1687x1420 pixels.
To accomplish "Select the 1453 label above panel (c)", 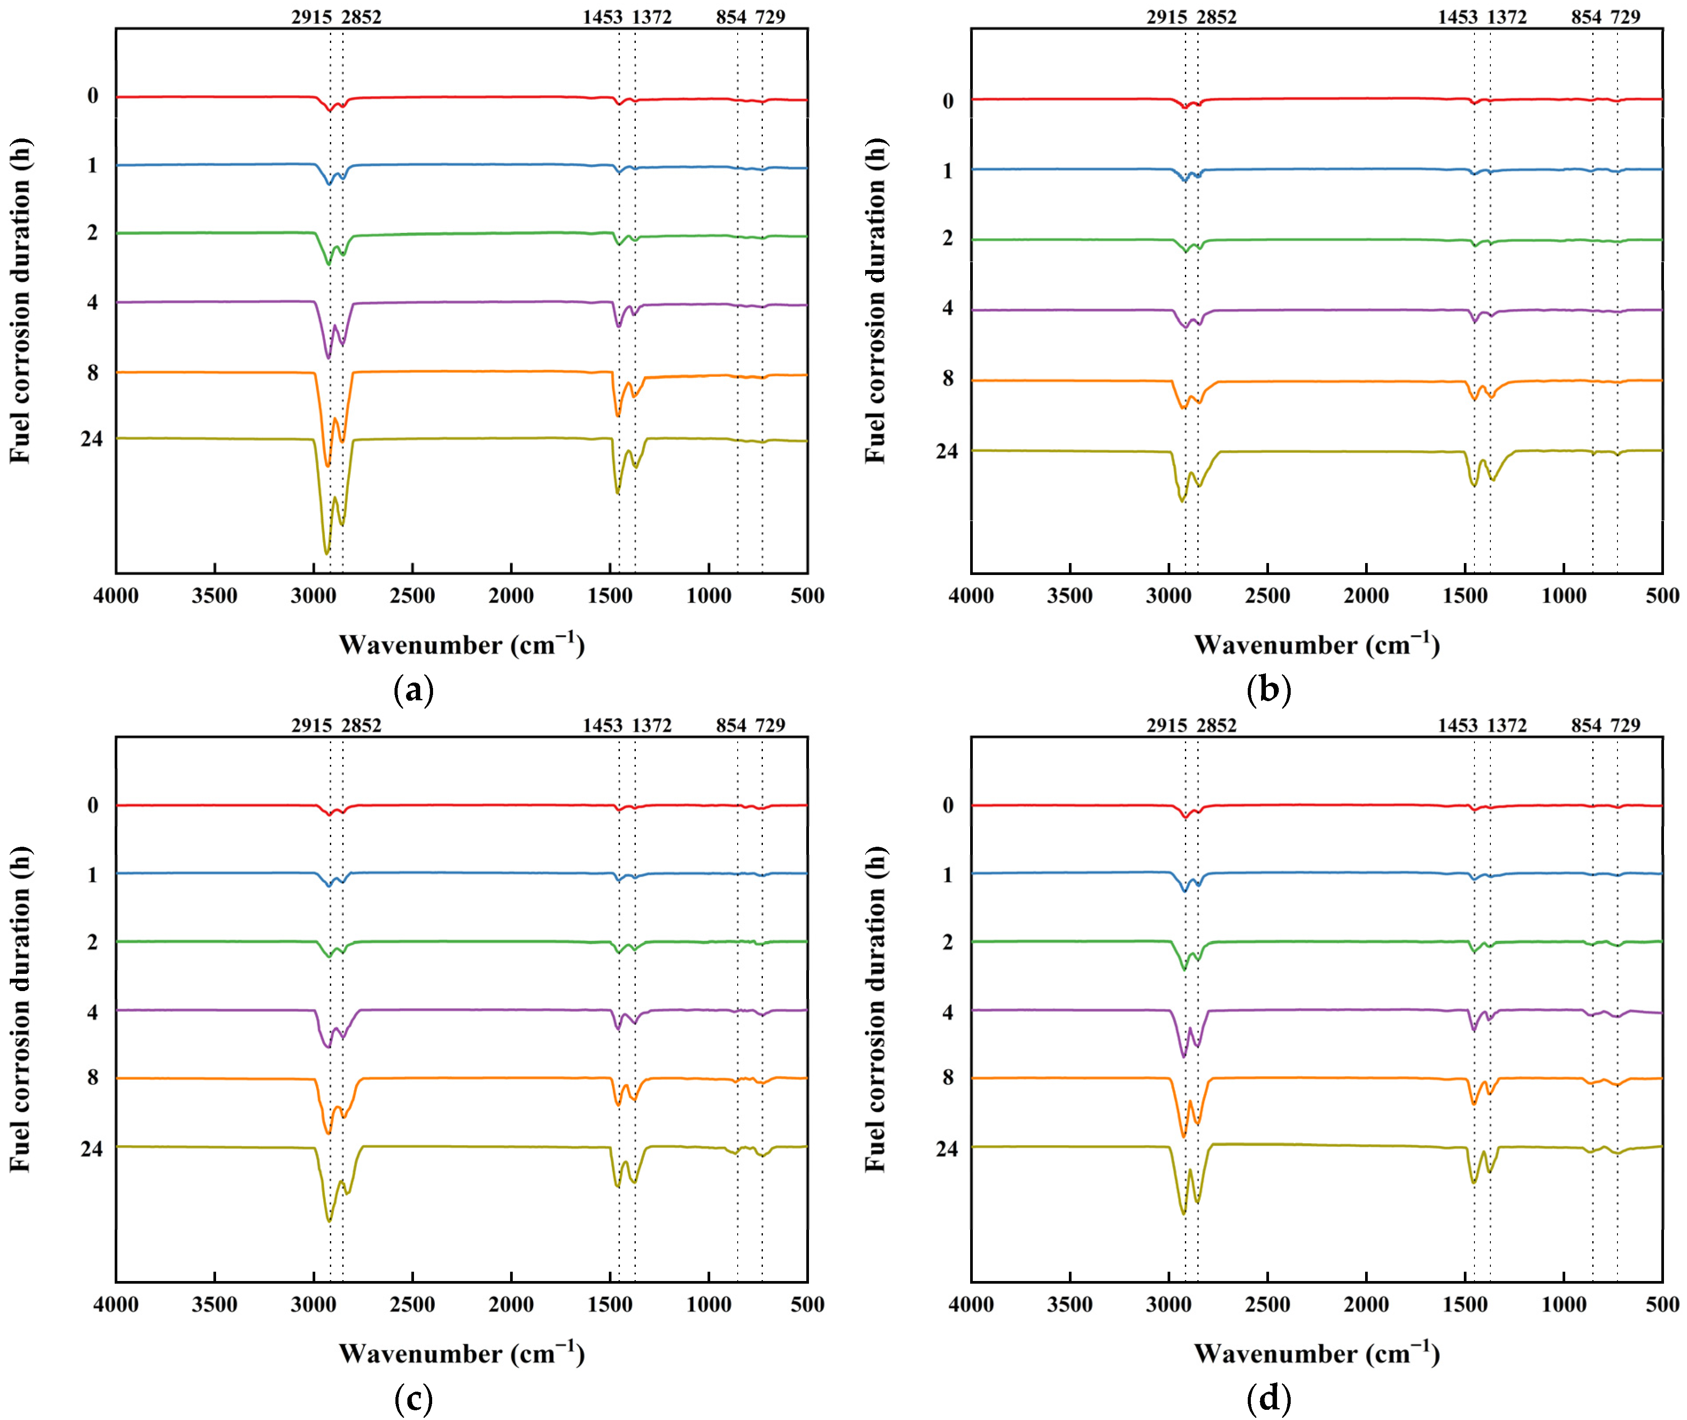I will point(602,725).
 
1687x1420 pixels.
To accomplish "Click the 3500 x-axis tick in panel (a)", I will point(214,596).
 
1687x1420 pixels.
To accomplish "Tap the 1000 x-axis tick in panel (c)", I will point(708,1304).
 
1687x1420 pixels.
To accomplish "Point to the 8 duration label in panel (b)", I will point(948,378).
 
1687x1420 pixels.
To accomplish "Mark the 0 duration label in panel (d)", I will point(948,805).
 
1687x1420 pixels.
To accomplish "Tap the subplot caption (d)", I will point(1268,1398).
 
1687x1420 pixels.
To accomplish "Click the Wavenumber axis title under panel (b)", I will point(1316,645).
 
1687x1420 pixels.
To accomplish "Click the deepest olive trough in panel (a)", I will point(326,553).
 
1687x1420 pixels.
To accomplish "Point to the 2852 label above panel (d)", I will point(1216,725).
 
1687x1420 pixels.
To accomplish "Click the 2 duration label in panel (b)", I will point(948,238).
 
